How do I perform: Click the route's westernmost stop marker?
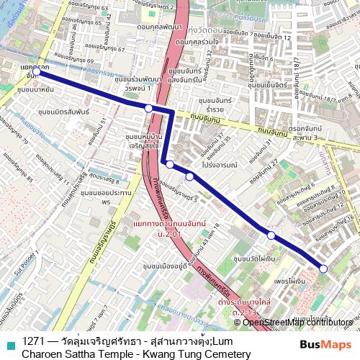click(x=36, y=72)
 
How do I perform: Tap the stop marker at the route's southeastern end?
click(x=323, y=269)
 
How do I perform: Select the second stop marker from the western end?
click(x=148, y=108)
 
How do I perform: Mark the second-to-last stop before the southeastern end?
click(x=271, y=235)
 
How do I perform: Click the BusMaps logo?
click(x=324, y=343)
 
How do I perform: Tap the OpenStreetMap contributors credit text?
click(x=297, y=322)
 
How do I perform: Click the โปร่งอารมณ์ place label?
click(x=220, y=164)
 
